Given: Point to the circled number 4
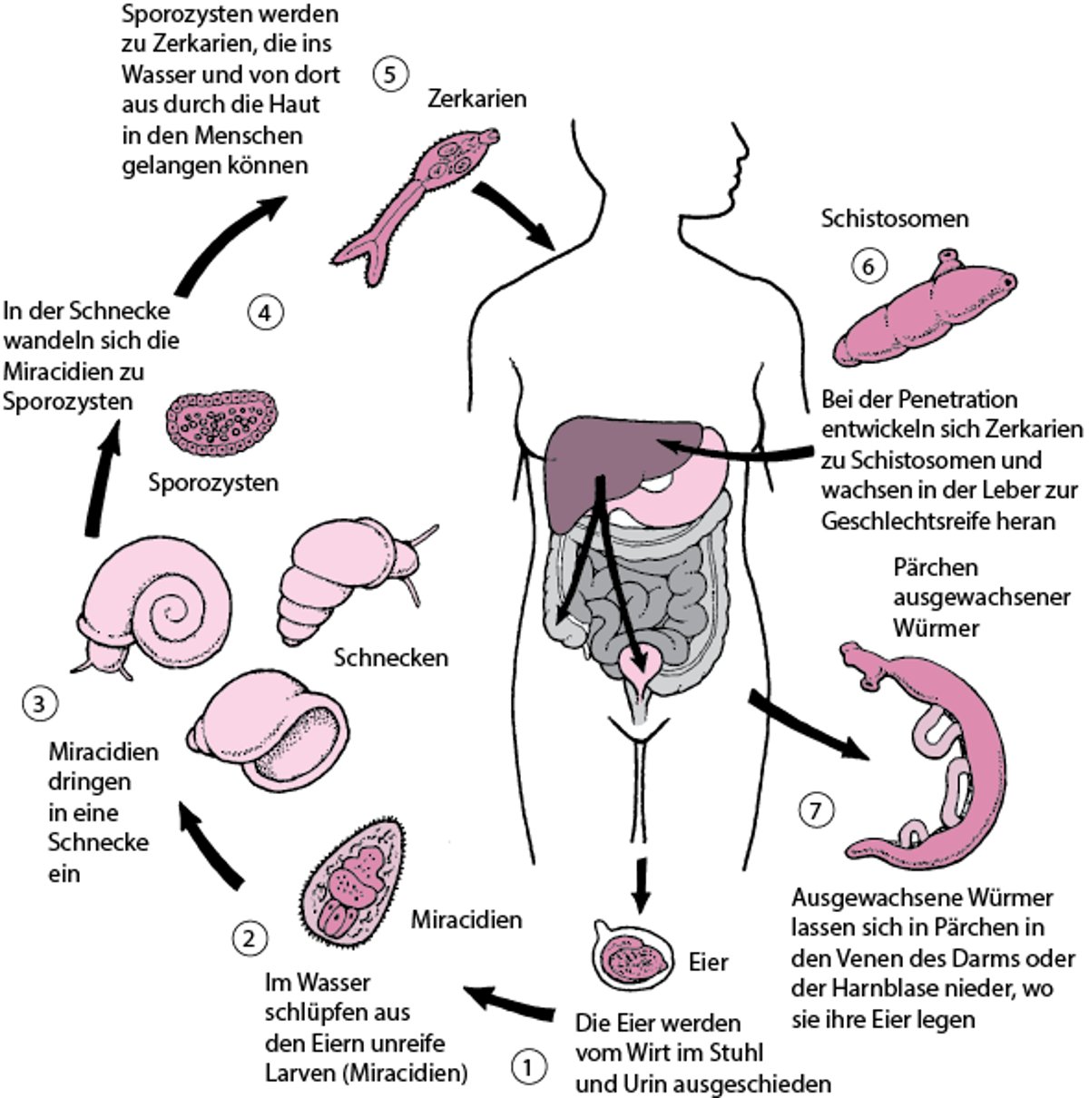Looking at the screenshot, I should point(265,313).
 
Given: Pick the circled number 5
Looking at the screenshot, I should point(389,74).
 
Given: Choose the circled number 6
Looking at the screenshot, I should point(868,266).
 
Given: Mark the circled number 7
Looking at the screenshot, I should point(816,810).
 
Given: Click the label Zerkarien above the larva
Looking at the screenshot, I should point(476,98).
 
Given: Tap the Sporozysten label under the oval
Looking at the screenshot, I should point(214,482).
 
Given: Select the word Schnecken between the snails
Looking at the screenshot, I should point(391,657).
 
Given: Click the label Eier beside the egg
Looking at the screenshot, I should point(709,961).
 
